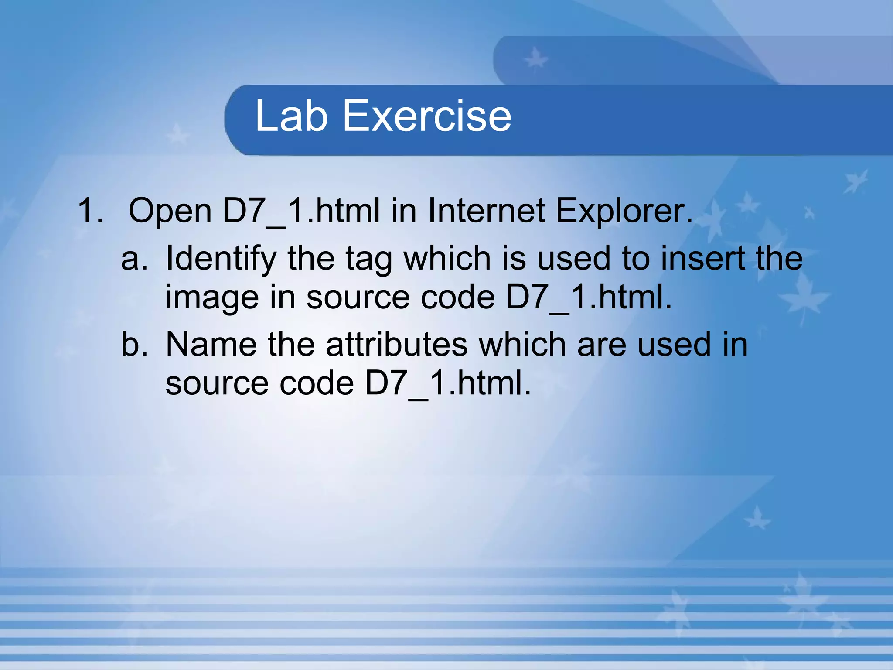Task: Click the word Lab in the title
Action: pyautogui.click(x=291, y=116)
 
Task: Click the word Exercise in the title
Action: pyautogui.click(x=427, y=116)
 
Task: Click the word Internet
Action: pyautogui.click(x=486, y=211)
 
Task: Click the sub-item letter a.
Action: pyautogui.click(x=133, y=259)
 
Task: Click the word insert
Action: pyautogui.click(x=702, y=258)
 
